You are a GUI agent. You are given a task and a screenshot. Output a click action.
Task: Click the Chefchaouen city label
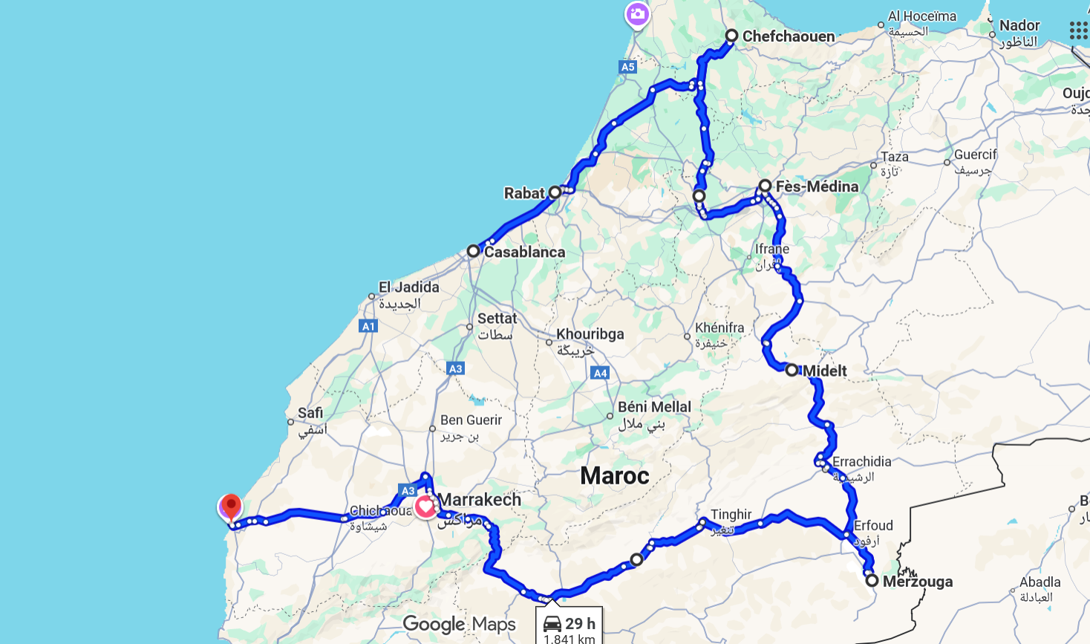788,36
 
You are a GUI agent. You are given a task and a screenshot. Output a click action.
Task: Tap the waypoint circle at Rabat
555,192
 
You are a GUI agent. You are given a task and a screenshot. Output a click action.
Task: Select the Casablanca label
524,252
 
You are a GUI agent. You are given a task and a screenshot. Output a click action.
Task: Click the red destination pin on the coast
231,507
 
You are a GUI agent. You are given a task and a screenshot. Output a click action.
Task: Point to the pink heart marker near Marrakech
425,507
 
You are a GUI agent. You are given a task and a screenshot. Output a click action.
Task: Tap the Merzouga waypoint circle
872,580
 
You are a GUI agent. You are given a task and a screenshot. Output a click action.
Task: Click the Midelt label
824,371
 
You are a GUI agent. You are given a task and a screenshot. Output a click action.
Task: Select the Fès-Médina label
817,186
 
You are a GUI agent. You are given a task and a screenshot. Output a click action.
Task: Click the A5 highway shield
627,67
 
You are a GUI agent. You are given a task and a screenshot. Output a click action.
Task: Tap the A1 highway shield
368,326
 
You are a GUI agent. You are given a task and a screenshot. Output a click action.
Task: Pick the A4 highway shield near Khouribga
601,373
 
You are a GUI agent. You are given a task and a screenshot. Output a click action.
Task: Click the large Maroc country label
614,475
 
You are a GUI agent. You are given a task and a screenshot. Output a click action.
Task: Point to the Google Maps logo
459,624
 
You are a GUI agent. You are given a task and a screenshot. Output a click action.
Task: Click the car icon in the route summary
552,623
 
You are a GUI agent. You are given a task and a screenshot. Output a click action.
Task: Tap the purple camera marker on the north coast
637,13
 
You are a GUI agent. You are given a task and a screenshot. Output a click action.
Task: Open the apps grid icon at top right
1078,30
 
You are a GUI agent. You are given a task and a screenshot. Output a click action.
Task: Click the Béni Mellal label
654,407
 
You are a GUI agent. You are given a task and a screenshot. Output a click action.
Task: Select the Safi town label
310,413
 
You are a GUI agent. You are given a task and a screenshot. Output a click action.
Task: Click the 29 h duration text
580,623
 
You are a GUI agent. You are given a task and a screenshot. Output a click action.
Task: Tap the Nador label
1019,25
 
